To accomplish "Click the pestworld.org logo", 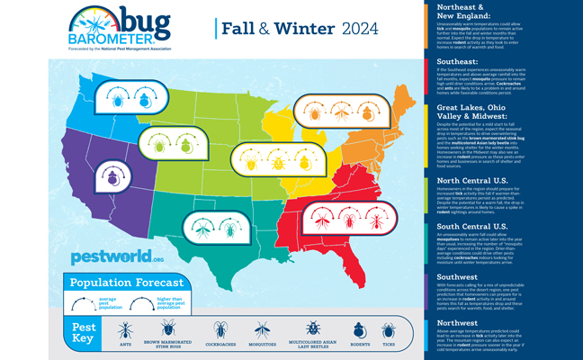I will (106, 257).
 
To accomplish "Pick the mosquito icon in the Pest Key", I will (264, 330).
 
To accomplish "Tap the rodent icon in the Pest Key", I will (359, 330).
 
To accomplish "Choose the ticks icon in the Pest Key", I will (389, 330).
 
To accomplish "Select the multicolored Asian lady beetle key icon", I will (311, 330).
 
